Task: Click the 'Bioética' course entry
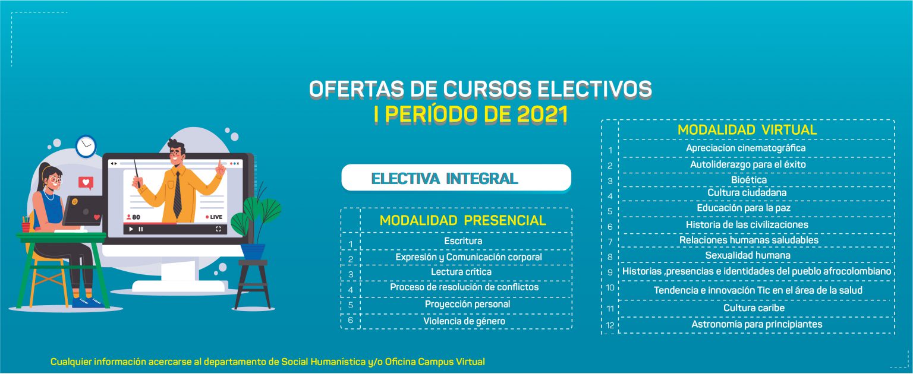point(749,180)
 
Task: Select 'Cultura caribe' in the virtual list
point(754,308)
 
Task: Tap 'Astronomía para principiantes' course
point(757,324)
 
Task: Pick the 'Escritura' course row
point(463,241)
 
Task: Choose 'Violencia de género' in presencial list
point(464,321)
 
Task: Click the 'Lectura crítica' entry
point(461,272)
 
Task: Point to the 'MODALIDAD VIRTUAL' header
point(747,130)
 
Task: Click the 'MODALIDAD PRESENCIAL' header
point(462,221)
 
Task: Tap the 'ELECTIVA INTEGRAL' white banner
point(456,178)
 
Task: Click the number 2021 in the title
point(542,115)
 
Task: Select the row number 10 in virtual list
point(610,288)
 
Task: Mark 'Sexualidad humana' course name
point(748,256)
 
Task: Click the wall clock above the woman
point(86,147)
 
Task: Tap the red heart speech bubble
point(86,183)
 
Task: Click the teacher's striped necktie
point(177,195)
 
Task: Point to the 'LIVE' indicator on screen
point(213,217)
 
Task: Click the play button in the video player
point(131,229)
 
